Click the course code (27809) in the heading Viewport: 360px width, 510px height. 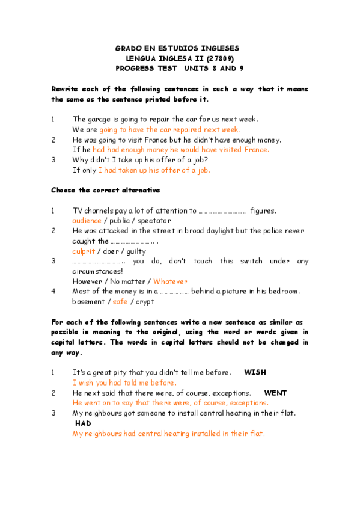(220, 58)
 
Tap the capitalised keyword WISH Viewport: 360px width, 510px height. (255, 372)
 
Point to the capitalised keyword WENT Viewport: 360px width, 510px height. (275, 393)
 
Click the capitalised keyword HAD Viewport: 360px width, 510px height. (83, 423)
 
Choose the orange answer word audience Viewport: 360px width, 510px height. (87, 221)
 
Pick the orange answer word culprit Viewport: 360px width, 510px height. (84, 251)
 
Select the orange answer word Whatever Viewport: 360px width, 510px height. (170, 281)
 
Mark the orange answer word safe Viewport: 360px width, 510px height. (120, 301)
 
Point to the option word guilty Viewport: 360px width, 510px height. (136, 251)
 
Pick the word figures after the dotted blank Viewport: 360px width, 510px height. (263, 210)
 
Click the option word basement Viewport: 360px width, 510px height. (88, 301)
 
